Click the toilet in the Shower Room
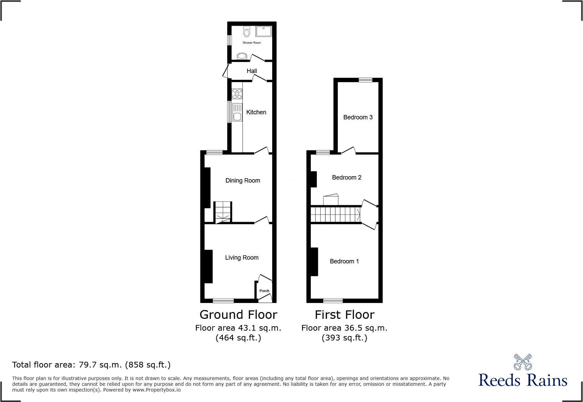click(x=247, y=32)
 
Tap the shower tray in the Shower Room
click(x=263, y=31)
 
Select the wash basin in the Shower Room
click(x=242, y=56)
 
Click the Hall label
click(x=252, y=71)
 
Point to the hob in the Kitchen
click(x=237, y=93)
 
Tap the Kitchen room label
click(x=256, y=112)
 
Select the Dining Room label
click(x=243, y=181)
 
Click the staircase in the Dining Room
click(x=223, y=212)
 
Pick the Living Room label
click(x=242, y=258)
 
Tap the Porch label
click(x=264, y=291)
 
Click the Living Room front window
click(x=223, y=301)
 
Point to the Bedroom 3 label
click(x=358, y=117)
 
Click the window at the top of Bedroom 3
click(x=365, y=80)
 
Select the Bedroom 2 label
click(x=347, y=178)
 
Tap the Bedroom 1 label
click(x=344, y=261)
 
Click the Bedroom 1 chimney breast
click(x=314, y=262)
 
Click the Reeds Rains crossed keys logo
click(x=523, y=362)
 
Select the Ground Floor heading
click(x=238, y=315)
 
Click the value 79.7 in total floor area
click(x=88, y=365)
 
